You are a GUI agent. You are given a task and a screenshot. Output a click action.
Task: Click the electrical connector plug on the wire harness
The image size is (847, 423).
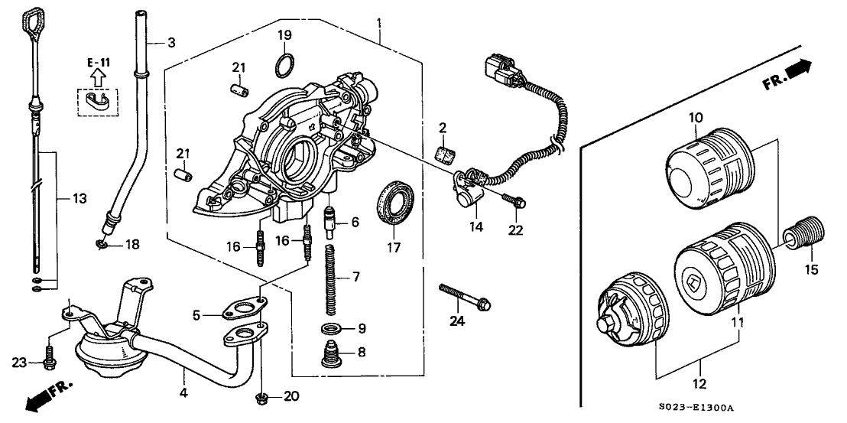[x=501, y=68]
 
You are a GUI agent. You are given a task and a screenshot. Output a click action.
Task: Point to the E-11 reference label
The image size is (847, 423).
[x=96, y=62]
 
